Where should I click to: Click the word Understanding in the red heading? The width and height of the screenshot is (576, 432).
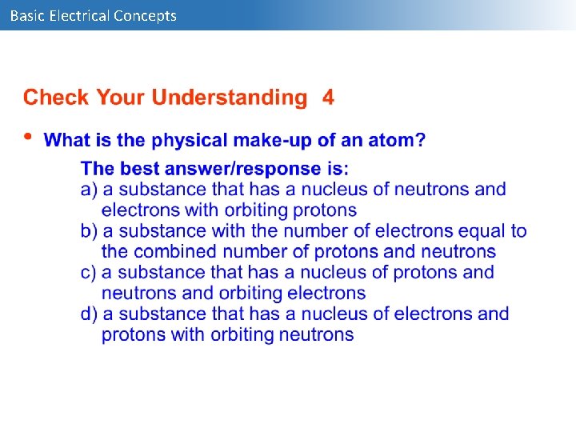(x=229, y=98)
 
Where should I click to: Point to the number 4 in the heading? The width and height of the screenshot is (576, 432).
(x=328, y=98)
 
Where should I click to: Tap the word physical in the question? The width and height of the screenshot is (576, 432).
(x=190, y=141)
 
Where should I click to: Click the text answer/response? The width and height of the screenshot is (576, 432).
(x=242, y=169)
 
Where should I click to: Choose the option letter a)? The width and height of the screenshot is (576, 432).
(x=89, y=190)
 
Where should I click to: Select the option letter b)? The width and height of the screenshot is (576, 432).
(x=89, y=231)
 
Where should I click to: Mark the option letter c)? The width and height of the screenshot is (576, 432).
(x=89, y=272)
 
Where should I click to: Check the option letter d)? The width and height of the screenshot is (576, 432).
(x=89, y=314)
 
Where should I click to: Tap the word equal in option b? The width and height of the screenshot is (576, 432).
(x=484, y=231)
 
